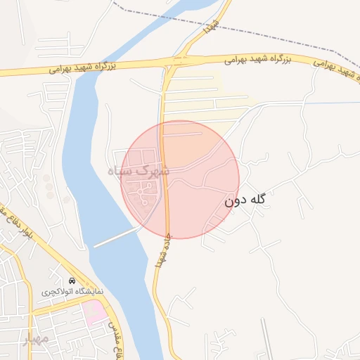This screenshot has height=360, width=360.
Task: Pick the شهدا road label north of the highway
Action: pos(209,26)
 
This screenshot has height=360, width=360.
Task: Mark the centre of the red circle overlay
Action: pos(180,179)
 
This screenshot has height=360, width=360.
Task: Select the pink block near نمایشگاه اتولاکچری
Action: pos(95,312)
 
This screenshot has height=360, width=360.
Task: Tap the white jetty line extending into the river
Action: pos(116,237)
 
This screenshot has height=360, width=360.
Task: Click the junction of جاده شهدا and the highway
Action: pos(171,62)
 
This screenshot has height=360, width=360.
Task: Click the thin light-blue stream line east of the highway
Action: pos(330,104)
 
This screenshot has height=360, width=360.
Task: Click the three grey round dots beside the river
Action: pos(48,187)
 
